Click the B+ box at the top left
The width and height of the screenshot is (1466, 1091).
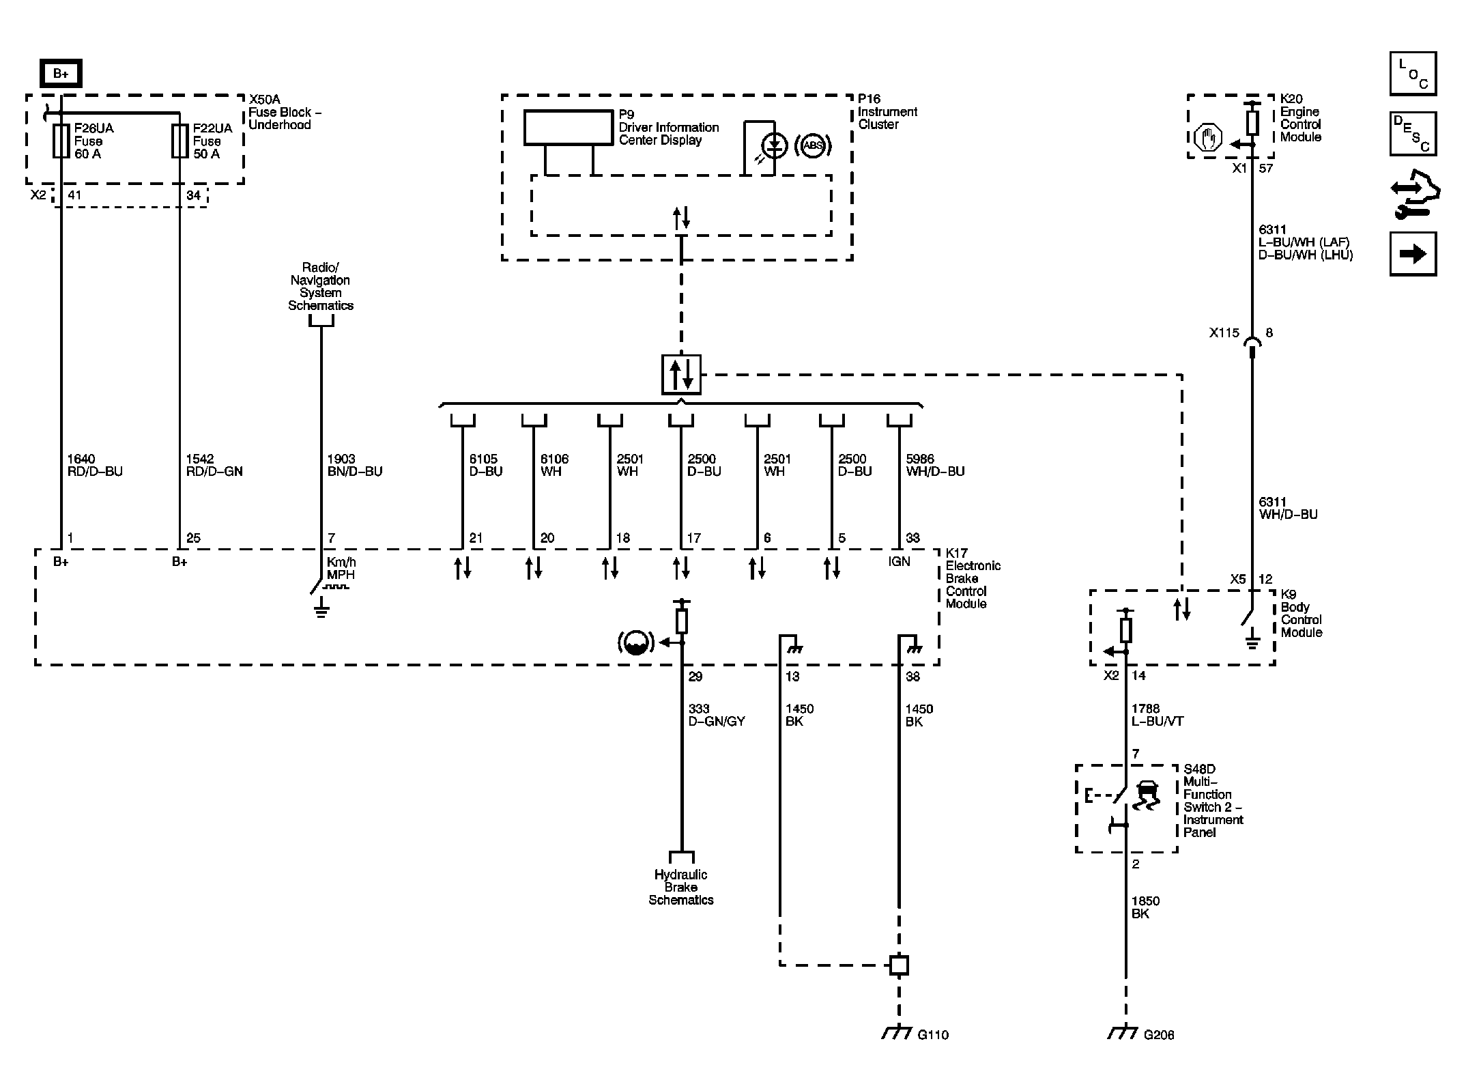(61, 74)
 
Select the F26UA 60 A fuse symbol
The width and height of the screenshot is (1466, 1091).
(61, 141)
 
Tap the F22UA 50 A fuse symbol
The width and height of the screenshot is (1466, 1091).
(179, 141)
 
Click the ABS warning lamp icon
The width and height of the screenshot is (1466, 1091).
(812, 145)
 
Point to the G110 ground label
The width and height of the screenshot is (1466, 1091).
(933, 1035)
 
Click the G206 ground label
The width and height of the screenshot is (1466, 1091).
(1159, 1035)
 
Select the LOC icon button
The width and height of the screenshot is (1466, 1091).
(1413, 74)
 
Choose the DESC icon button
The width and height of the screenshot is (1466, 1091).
(1413, 134)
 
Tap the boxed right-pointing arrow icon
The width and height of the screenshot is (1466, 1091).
(1413, 254)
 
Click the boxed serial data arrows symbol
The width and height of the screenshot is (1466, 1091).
(681, 375)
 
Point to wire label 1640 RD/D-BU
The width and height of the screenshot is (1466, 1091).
(95, 466)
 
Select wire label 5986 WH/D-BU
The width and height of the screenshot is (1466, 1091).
(935, 466)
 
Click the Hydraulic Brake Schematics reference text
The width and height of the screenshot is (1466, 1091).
(681, 888)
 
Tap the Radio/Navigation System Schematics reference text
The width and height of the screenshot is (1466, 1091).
(321, 287)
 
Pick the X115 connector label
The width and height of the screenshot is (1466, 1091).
(1224, 333)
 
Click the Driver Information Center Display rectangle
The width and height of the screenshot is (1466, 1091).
(569, 128)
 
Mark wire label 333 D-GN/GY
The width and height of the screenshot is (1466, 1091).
(717, 715)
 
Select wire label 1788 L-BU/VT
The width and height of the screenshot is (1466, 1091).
(1158, 715)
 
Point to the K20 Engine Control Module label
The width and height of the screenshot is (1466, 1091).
(1301, 118)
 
